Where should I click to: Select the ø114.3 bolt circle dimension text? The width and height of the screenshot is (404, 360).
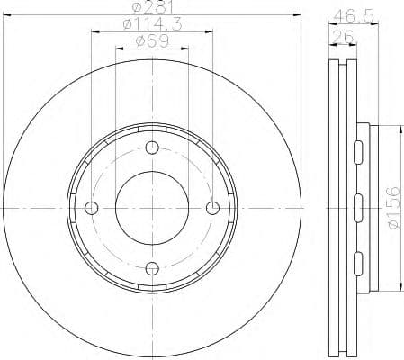point(151,26)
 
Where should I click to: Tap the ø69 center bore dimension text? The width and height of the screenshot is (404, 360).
point(151,42)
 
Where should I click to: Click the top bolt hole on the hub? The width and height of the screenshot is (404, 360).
point(152,148)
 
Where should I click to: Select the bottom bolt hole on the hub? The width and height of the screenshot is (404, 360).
point(152,267)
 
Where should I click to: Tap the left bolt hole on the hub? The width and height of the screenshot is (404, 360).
point(92,208)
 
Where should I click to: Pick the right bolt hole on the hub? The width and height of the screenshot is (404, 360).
point(212,208)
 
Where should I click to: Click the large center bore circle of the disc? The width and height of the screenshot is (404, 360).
point(152,208)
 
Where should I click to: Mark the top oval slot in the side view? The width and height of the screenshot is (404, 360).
point(358,150)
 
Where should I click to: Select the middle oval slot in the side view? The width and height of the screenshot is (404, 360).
point(358,208)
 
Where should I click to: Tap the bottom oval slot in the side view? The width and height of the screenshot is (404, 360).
point(358,264)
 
